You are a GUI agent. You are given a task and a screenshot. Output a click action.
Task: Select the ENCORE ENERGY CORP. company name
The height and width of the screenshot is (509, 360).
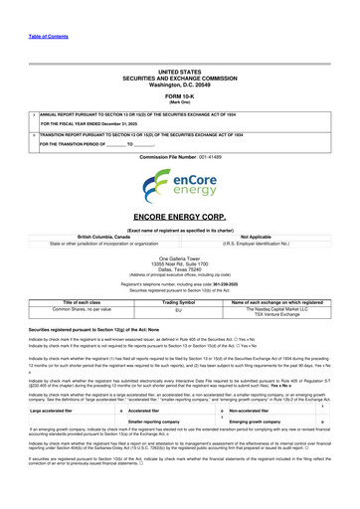(x=180, y=215)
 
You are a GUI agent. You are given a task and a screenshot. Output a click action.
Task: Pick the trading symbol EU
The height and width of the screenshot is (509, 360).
(x=179, y=283)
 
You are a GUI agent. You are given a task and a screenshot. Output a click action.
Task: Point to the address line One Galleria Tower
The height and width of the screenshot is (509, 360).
(x=180, y=255)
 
